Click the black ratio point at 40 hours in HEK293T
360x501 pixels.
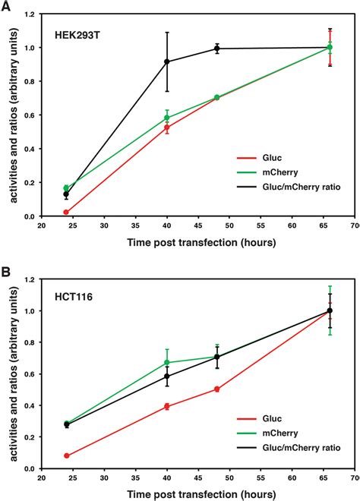167,61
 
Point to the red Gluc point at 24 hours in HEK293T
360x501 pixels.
66,213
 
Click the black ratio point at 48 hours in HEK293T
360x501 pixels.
217,49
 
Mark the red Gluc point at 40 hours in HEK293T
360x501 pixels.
167,128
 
